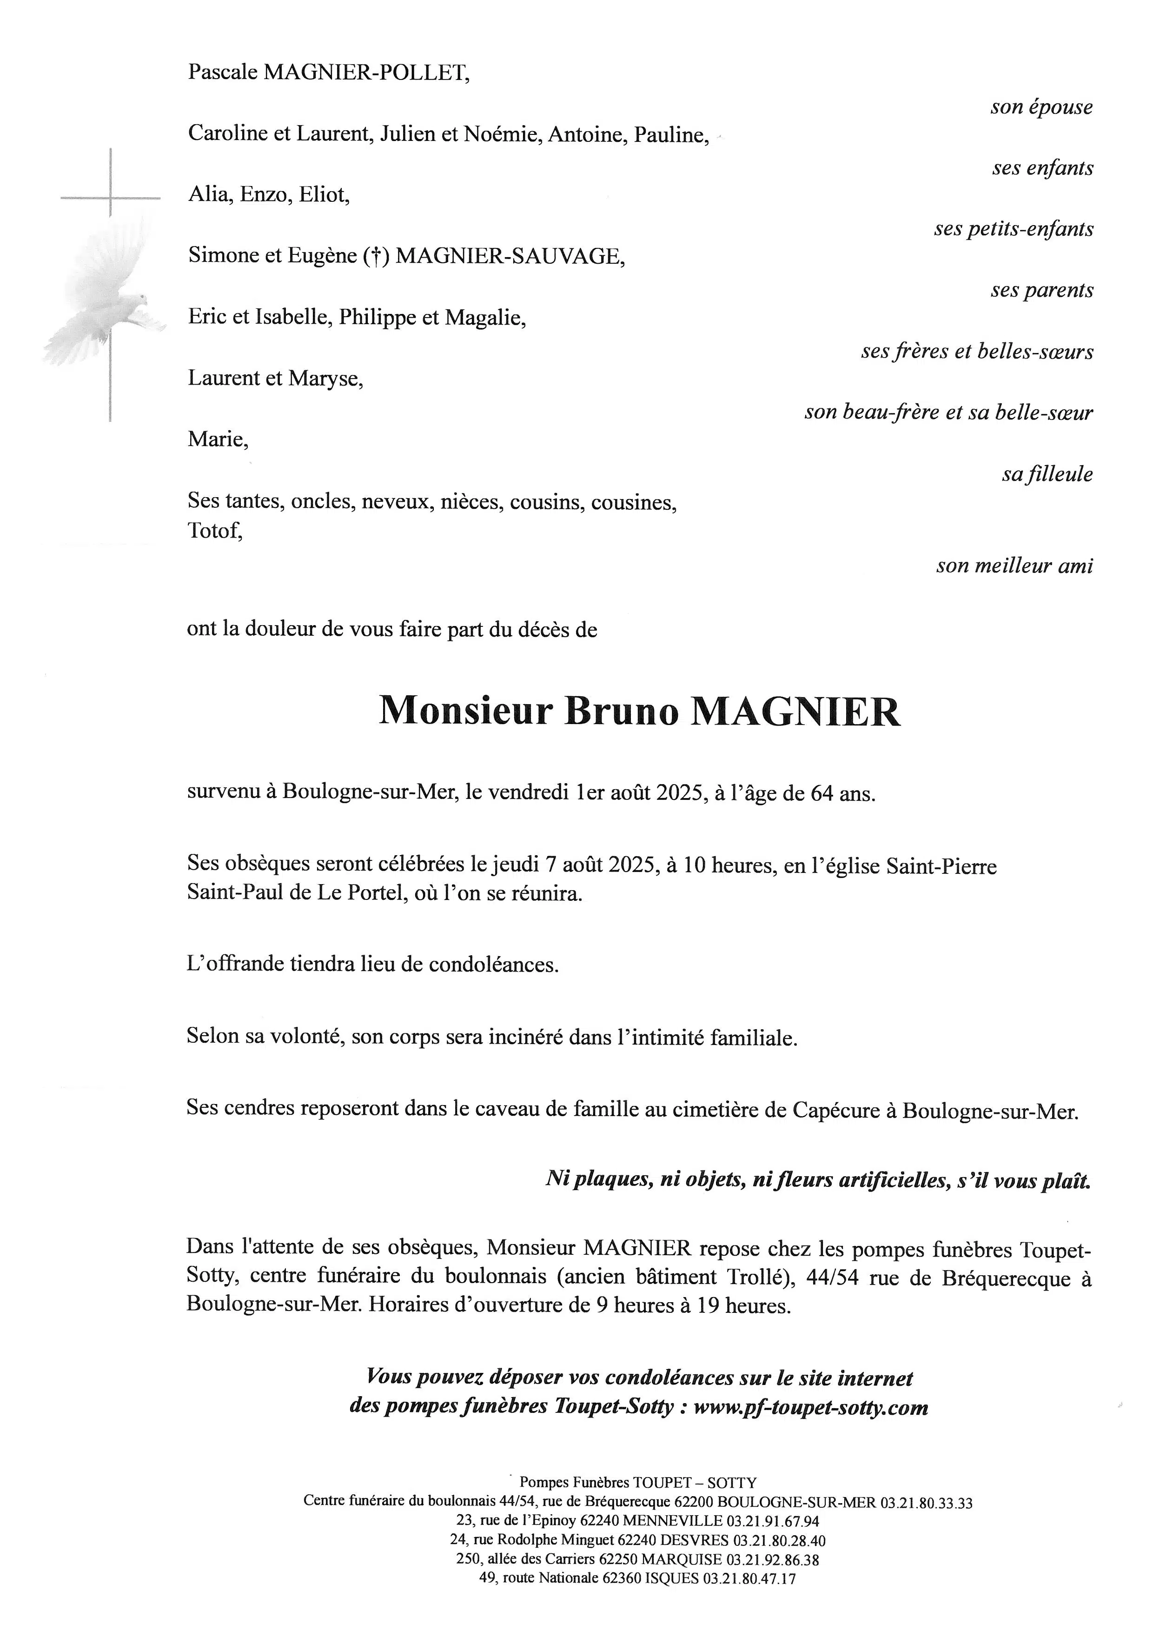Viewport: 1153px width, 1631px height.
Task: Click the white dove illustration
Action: [106, 299]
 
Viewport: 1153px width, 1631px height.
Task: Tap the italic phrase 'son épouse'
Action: [1041, 107]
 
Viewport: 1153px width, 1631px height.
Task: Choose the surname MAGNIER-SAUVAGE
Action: [510, 256]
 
